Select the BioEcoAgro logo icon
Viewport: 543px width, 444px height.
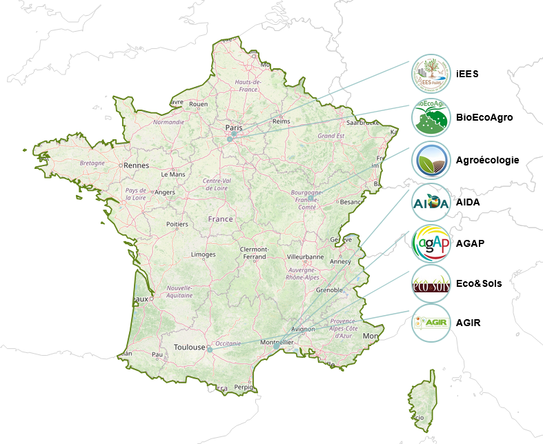point(431,117)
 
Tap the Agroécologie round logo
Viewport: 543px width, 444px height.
point(431,161)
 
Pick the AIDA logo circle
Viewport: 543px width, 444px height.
point(431,203)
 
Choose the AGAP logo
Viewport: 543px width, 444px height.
point(431,243)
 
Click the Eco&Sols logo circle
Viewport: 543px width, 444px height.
point(431,283)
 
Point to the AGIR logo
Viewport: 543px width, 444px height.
point(431,323)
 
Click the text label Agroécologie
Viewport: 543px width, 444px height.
point(487,161)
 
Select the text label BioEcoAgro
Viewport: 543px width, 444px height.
point(484,117)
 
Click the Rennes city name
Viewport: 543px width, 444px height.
point(137,165)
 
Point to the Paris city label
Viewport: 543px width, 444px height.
point(233,128)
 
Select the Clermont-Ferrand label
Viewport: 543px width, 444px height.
point(253,252)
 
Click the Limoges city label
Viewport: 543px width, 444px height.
point(203,254)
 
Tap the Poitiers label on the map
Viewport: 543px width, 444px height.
point(177,225)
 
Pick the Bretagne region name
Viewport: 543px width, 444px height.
point(92,163)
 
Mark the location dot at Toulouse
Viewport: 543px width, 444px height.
point(209,349)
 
